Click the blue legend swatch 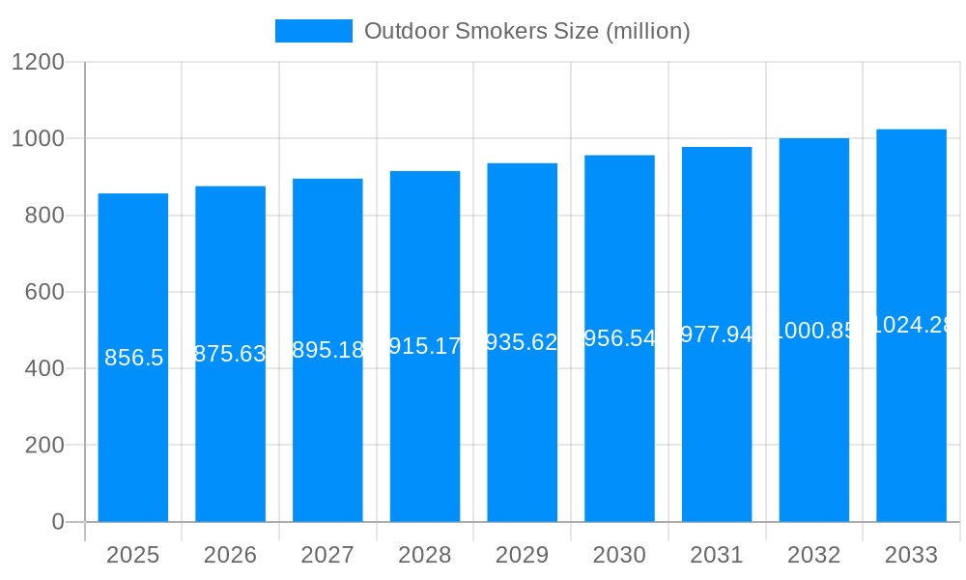(313, 31)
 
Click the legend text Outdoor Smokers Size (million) (526, 31)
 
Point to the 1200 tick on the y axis (38, 63)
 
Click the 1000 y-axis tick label (38, 139)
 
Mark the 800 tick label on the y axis (43, 216)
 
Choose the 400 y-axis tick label (43, 368)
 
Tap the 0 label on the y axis (57, 522)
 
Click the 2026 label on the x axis (231, 555)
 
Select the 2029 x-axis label (522, 555)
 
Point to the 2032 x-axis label (813, 555)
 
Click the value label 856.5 (133, 358)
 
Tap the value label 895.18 (327, 350)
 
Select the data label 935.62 (522, 342)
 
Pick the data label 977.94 (717, 334)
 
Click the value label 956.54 (619, 338)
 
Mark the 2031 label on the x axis (717, 555)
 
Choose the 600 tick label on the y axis (43, 292)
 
